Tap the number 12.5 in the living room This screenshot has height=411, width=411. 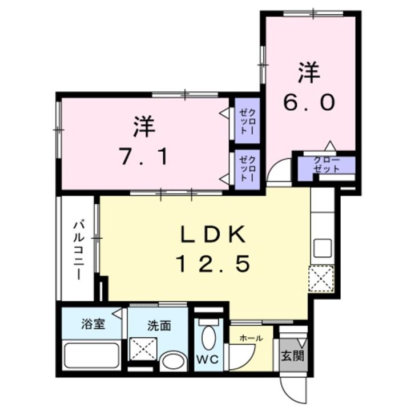point(213,264)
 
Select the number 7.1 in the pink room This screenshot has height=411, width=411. point(144,155)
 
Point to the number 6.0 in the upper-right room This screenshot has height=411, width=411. point(308,103)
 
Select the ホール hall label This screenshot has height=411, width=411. point(251,338)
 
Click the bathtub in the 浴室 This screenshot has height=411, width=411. point(91,356)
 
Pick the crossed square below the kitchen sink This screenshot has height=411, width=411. point(321,278)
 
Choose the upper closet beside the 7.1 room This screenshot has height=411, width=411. point(248,121)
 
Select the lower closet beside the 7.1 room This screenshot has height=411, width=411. point(247,167)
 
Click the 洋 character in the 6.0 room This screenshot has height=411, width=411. point(308,73)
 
